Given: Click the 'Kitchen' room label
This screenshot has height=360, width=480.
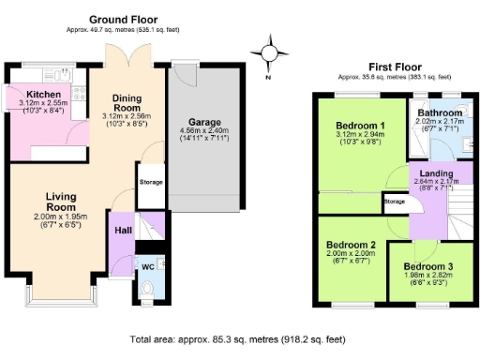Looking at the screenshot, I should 44,95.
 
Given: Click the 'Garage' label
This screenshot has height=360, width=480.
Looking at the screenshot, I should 203,122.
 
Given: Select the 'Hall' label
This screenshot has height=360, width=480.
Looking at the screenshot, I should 123,230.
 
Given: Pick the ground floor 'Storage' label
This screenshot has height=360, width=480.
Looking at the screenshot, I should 150,182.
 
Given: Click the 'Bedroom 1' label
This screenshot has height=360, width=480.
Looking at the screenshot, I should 360,126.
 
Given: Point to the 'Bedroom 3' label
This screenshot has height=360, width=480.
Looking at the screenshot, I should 430,266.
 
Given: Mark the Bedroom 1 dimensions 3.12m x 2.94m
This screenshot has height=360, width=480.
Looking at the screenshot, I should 360,135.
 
